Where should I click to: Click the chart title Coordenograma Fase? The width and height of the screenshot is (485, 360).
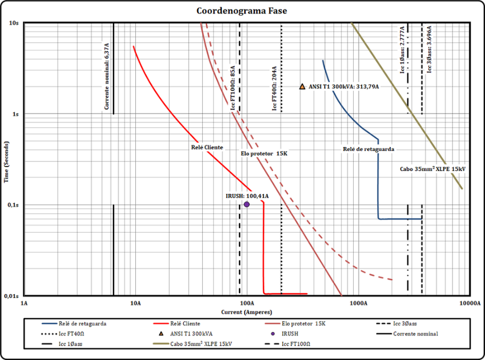coord(241,11)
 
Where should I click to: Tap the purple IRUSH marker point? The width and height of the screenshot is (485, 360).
coord(246,205)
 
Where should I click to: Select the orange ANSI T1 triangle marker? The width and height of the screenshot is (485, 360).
coord(302,87)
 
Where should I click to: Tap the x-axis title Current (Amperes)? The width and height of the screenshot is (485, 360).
coord(246,311)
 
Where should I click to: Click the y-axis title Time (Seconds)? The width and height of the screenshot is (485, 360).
coord(7,159)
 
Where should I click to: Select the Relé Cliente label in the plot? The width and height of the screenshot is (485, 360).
coord(207,148)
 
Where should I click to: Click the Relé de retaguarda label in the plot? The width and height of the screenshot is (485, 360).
coord(368,149)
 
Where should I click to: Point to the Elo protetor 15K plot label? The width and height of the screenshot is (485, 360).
coord(264,154)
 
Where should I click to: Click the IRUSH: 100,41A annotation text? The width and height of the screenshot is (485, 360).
coord(246,196)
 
